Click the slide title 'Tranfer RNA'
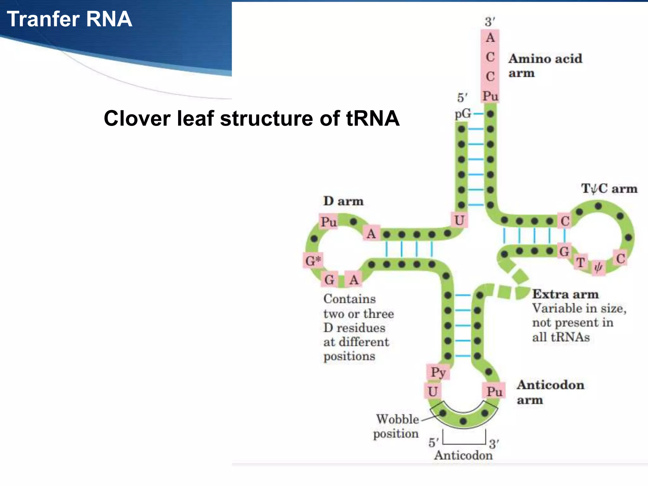tap(69, 19)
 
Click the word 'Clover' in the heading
tap(137, 119)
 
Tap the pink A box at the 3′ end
tap(490, 38)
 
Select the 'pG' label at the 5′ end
tap(463, 113)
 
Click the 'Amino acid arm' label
tap(545, 65)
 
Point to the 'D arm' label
tap(343, 201)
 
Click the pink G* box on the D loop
tap(313, 261)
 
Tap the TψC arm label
tap(609, 189)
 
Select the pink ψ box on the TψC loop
tap(598, 268)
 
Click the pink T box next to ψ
tap(581, 262)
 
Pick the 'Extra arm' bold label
tap(565, 294)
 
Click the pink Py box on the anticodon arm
tap(438, 372)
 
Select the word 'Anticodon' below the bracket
tap(463, 455)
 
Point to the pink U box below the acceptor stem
tap(459, 220)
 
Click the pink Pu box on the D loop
tap(329, 222)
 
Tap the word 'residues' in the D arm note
tap(361, 328)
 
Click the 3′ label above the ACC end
tap(490, 22)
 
